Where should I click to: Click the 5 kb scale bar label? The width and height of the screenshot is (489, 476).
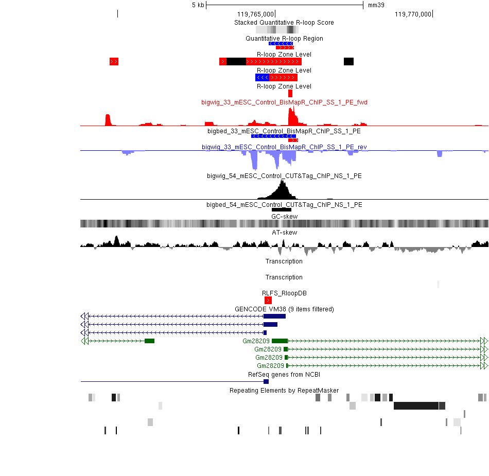pos(198,5)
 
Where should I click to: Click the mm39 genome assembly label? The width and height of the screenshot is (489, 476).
pos(376,5)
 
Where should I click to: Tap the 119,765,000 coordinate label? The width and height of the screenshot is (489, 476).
pos(255,14)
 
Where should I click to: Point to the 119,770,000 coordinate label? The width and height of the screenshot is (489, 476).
pos(413,14)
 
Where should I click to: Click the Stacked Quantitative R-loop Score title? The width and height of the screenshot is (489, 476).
pos(284,23)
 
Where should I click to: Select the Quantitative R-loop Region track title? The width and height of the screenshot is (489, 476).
pos(284,39)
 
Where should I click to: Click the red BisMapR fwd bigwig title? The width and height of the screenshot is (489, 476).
pos(284,102)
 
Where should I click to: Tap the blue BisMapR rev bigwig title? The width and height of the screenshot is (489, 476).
pos(284,147)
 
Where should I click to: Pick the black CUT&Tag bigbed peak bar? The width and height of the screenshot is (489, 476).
pos(281,210)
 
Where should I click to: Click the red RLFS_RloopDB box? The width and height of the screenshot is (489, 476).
pos(268,300)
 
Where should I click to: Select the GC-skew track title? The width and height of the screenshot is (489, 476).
pos(284,216)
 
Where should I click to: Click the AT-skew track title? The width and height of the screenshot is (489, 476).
pos(284,232)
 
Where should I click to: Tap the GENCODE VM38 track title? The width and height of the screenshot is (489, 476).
pos(284,309)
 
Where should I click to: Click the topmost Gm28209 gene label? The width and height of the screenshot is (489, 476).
pos(256,341)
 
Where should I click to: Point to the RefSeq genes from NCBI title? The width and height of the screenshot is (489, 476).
pos(284,375)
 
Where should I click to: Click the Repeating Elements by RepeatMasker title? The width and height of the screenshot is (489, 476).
pos(284,390)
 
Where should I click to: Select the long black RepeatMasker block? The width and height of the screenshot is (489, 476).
pos(416,406)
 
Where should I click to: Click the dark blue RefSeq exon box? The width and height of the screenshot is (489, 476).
pos(266,381)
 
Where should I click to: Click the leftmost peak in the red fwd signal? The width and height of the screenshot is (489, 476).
pos(108,120)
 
